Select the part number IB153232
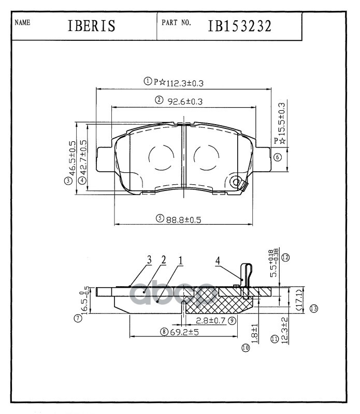tap(239, 26)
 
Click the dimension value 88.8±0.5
tap(183, 219)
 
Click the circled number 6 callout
tap(278, 157)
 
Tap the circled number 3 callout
tap(68, 181)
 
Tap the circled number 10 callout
tap(246, 348)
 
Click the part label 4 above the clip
tap(218, 261)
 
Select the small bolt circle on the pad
tap(238, 183)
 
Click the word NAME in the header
tap(23, 23)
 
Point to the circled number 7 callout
tap(78, 319)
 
